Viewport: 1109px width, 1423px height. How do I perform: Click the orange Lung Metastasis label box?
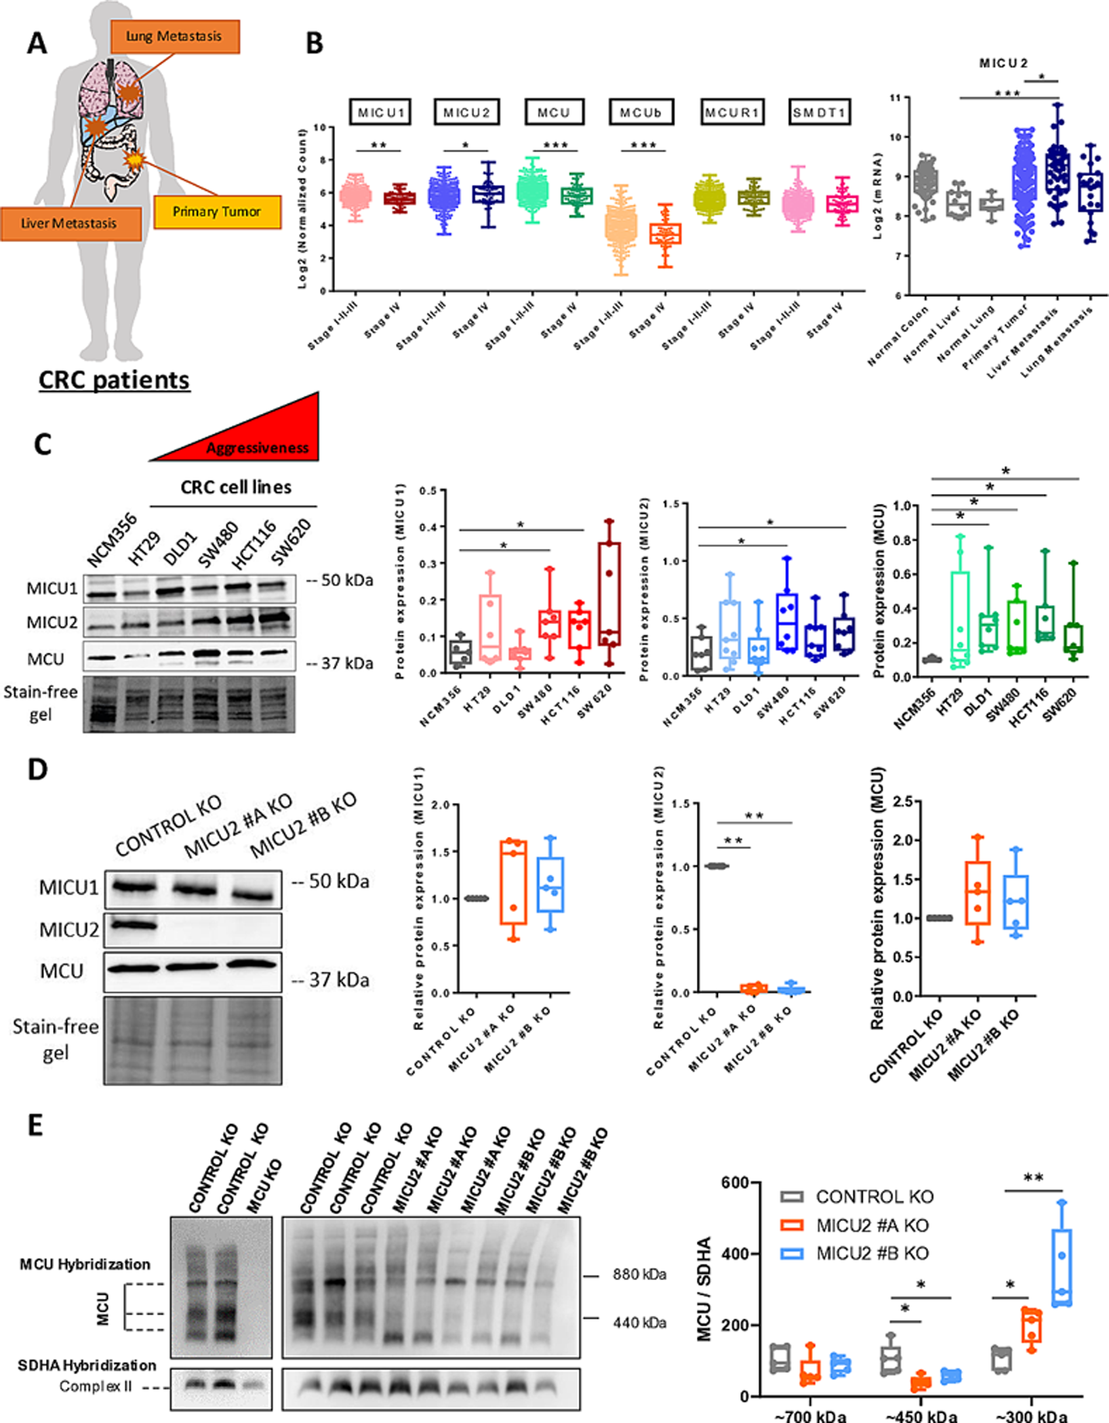tap(174, 37)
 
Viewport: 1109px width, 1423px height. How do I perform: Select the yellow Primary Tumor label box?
tap(217, 212)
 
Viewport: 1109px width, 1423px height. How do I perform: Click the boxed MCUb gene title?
tap(641, 112)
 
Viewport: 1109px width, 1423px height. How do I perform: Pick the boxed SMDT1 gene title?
tap(819, 112)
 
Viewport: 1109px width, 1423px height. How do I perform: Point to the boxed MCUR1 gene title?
tap(731, 112)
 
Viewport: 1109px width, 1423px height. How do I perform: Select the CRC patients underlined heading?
tap(114, 380)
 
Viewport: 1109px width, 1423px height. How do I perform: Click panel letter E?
tap(35, 1126)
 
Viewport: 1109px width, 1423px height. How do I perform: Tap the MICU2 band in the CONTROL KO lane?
tap(134, 924)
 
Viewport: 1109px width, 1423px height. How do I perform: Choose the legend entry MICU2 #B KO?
tap(872, 1254)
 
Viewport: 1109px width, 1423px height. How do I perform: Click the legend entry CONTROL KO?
tap(874, 1197)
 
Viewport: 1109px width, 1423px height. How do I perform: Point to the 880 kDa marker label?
tap(639, 1275)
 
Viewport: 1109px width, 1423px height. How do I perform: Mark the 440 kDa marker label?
tap(639, 1322)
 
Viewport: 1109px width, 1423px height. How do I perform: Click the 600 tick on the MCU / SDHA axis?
tap(735, 1183)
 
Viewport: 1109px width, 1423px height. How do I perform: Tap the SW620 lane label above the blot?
tap(291, 542)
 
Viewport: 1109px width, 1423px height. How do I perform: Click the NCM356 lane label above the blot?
tap(112, 540)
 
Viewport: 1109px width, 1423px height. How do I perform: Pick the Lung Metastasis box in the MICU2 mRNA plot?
tap(1090, 192)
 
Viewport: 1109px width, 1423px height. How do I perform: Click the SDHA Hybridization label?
tap(87, 1365)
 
